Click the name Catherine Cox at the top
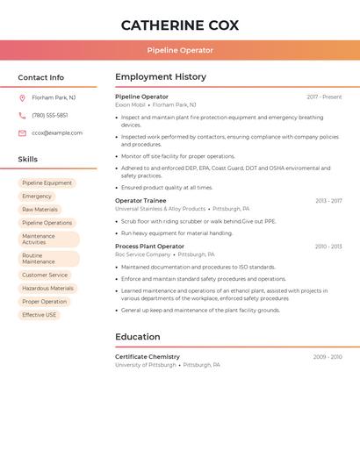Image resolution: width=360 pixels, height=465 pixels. coord(180,25)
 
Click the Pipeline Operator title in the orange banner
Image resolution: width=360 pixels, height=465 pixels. coord(180,50)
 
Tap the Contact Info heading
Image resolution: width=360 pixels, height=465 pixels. coord(41,77)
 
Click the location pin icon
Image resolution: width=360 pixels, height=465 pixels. coord(22,97)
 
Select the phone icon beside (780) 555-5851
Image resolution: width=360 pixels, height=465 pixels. coord(22,115)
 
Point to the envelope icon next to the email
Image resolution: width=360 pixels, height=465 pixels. coord(22,132)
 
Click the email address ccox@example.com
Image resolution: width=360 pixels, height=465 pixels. coord(57,132)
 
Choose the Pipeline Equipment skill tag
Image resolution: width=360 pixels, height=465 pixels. coord(47,183)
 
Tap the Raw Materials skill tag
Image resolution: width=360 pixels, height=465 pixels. coord(40,210)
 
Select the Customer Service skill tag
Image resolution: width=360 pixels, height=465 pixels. coord(45,275)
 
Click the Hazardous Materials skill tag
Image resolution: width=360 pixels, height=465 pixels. coord(47,288)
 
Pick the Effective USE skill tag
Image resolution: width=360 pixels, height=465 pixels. coord(39,314)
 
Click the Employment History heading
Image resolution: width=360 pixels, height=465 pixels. coord(161,77)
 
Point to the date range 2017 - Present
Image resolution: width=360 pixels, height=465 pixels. coord(324,97)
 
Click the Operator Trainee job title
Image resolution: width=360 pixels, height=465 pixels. coord(140,201)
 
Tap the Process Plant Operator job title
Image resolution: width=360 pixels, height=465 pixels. coord(149,247)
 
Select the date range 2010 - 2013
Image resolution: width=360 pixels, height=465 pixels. coord(328,247)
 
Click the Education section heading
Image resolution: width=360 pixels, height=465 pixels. coord(138,337)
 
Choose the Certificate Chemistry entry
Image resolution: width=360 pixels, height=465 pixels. coord(148,357)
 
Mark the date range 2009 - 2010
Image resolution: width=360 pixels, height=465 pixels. coord(328,357)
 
